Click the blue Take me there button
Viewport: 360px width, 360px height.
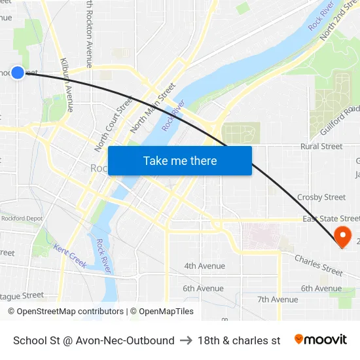[180, 160]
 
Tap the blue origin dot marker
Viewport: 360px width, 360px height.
[18, 73]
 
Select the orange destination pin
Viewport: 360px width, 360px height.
[342, 236]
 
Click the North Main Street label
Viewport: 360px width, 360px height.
[153, 106]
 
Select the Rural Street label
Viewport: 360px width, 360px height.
[321, 147]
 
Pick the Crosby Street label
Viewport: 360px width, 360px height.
[321, 197]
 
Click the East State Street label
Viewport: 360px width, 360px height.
[331, 219]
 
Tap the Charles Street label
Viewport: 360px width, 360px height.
[319, 264]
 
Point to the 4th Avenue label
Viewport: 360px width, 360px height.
[204, 266]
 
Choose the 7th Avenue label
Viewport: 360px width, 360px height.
[278, 299]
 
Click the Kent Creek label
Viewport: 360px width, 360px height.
[70, 256]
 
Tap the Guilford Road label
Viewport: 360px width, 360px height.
[341, 120]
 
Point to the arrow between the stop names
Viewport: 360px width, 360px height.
[186, 340]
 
